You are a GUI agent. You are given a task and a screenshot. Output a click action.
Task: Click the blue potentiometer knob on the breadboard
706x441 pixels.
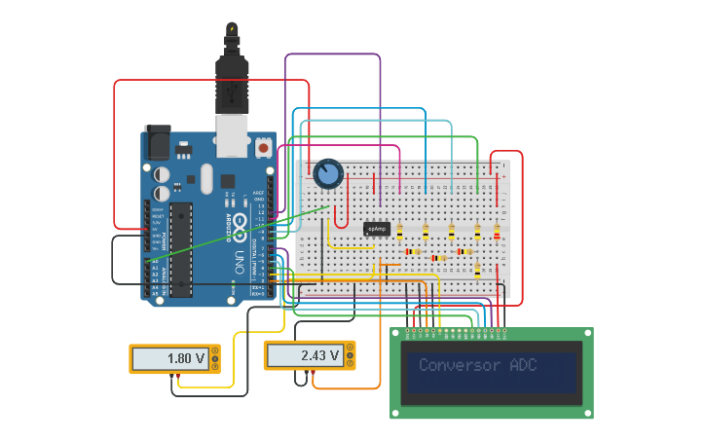tap(328, 174)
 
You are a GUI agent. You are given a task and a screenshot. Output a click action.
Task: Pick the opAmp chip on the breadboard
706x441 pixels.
tap(377, 229)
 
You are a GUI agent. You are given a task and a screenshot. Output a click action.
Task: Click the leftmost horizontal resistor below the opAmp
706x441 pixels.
tap(413, 252)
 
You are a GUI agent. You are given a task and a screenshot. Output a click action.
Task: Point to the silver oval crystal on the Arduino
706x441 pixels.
tap(205, 178)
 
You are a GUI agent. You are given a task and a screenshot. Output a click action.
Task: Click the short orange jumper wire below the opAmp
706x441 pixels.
tap(390, 264)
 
